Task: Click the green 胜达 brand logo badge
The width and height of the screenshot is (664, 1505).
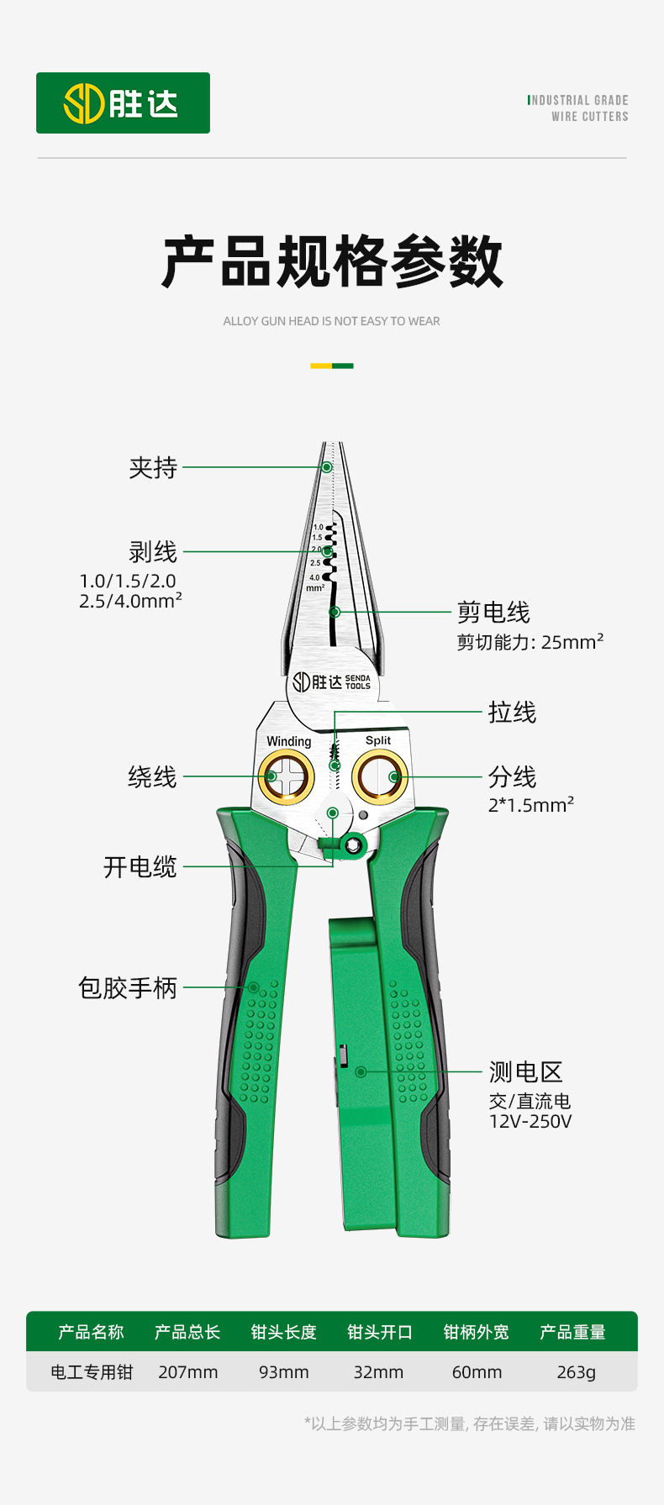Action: pyautogui.click(x=123, y=103)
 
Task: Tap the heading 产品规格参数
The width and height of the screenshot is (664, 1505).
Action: pyautogui.click(x=332, y=262)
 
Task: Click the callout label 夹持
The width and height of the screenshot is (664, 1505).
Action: pyautogui.click(x=153, y=468)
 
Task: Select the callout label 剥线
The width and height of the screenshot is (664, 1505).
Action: pyautogui.click(x=153, y=552)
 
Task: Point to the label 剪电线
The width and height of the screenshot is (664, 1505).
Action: pyautogui.click(x=493, y=613)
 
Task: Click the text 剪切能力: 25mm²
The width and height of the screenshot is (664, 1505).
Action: pyautogui.click(x=530, y=642)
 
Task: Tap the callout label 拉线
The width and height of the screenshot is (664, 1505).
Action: pyautogui.click(x=512, y=713)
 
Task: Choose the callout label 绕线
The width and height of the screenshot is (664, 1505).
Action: pyautogui.click(x=152, y=777)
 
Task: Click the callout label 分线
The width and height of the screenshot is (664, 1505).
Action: pyautogui.click(x=512, y=777)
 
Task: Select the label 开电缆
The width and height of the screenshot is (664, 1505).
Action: pyautogui.click(x=140, y=867)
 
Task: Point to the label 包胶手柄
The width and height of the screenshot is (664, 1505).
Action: pyautogui.click(x=128, y=988)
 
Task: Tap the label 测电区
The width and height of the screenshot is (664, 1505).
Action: pyautogui.click(x=525, y=1072)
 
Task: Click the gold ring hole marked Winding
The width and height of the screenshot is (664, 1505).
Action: pyautogui.click(x=287, y=776)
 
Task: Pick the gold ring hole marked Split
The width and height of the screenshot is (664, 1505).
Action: pyautogui.click(x=379, y=776)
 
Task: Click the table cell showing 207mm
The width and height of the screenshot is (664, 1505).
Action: pyautogui.click(x=187, y=1372)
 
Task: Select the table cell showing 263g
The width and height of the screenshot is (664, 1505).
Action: pyautogui.click(x=576, y=1372)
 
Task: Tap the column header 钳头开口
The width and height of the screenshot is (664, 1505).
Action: pyautogui.click(x=380, y=1332)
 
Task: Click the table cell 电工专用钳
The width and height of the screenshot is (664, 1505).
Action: pyautogui.click(x=92, y=1372)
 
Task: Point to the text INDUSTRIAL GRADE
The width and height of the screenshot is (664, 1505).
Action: pyautogui.click(x=579, y=100)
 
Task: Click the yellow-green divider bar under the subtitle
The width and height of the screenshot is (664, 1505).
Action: pyautogui.click(x=332, y=366)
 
